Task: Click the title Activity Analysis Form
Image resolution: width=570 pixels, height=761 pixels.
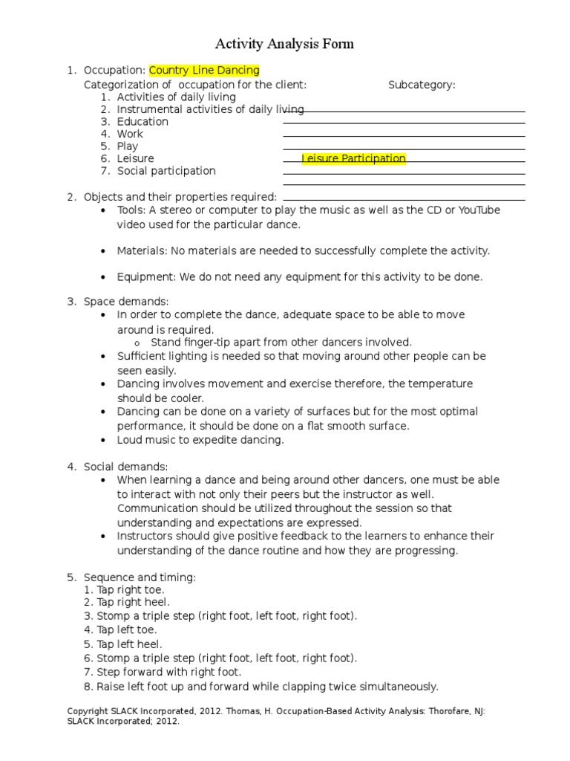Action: pos(284,44)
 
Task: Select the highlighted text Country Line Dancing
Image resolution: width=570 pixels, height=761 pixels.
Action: pos(204,71)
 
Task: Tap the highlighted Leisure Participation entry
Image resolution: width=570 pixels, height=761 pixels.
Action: pos(353,158)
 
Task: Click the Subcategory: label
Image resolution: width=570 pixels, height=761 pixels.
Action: pos(422,85)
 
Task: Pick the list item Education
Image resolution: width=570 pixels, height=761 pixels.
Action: pos(142,122)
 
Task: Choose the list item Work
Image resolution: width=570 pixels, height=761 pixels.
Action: pos(130,135)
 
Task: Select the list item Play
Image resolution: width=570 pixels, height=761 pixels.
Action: pos(128,146)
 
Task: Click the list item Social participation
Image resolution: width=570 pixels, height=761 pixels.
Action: pos(166,171)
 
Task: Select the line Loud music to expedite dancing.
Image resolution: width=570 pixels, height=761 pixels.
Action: pos(200,440)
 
